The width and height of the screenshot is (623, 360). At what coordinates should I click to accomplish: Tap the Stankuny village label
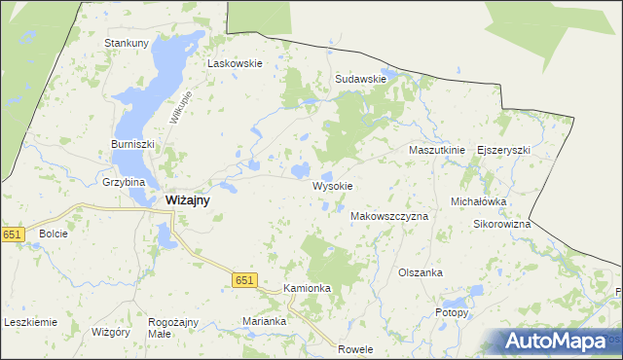(x=127, y=43)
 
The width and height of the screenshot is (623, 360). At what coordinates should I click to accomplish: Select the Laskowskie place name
(x=235, y=63)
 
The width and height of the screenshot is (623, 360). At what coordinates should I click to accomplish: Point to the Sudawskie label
(x=361, y=79)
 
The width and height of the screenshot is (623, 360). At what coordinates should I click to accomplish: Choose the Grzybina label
(x=124, y=182)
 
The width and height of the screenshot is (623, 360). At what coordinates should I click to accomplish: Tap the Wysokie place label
(x=332, y=185)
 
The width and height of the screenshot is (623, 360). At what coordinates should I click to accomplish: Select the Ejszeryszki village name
(x=503, y=151)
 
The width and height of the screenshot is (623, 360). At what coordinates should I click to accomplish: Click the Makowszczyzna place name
(x=388, y=216)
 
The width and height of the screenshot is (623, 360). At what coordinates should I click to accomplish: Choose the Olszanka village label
(x=421, y=273)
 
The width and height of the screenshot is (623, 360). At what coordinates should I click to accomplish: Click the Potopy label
(x=452, y=313)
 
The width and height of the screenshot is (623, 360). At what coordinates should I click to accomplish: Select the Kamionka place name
(x=308, y=289)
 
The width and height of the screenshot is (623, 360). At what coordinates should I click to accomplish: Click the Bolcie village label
(x=53, y=234)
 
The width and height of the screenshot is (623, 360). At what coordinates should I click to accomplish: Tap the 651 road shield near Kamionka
(x=244, y=280)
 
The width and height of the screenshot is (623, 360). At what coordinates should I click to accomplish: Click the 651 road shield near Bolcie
(x=12, y=234)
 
